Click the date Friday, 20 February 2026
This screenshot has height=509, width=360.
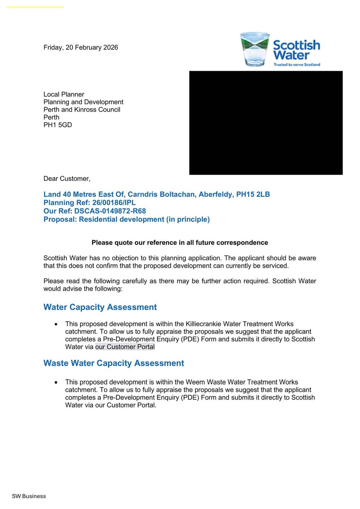pos(81,47)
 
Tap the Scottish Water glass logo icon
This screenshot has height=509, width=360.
pos(254,49)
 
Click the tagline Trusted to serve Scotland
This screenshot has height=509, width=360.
pos(297,65)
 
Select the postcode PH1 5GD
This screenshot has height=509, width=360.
pos(58,125)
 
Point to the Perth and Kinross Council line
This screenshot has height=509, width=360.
pos(82,110)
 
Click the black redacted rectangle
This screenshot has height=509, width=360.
pos(266,123)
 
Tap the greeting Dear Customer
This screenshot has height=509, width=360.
pos(67,179)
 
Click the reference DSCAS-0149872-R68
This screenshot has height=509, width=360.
pos(110,211)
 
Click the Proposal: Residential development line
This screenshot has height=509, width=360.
pos(127,220)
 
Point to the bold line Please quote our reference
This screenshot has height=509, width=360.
pos(180,243)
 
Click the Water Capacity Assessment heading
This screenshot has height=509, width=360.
pos(100,307)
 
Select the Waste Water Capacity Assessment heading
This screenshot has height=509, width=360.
pos(114,363)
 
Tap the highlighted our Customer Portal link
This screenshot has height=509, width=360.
pos(125,347)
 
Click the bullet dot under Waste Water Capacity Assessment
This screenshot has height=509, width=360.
pos(56,382)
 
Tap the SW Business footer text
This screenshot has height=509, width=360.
pos(29,496)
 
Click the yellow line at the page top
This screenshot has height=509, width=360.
pos(35,7)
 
